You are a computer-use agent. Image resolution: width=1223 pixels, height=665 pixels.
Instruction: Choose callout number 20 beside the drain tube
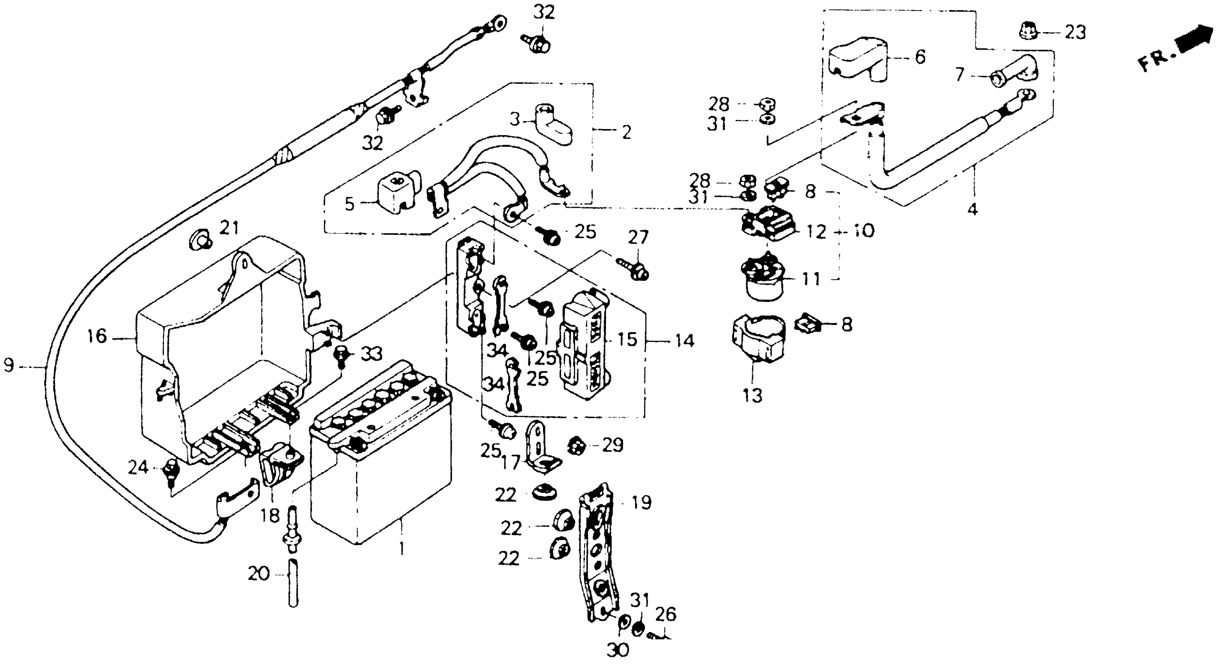(x=259, y=574)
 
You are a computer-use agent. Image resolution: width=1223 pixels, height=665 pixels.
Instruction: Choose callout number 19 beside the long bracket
(x=641, y=502)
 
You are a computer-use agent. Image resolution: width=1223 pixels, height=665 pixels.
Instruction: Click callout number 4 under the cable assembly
(x=972, y=208)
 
